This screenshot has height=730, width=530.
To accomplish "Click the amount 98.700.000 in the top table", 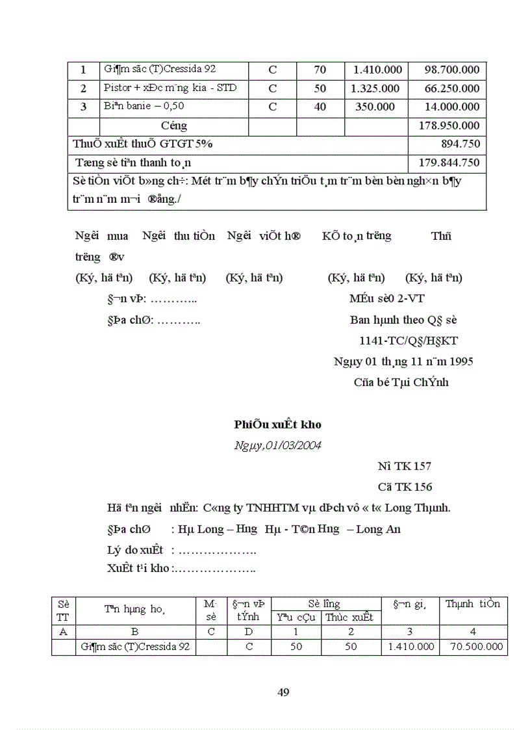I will click(452, 70).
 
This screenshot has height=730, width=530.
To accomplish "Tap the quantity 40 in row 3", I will click(320, 107).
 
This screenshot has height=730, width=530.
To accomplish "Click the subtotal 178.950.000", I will click(452, 125).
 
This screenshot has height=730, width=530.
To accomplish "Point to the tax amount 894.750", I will click(461, 144).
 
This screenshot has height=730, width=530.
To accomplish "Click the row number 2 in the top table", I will click(83, 88).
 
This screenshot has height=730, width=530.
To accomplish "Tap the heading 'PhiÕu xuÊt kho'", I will click(277, 424).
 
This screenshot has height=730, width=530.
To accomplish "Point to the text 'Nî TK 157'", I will click(404, 466).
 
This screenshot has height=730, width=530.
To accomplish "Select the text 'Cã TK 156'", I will click(405, 487).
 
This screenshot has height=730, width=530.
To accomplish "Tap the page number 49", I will click(283, 692).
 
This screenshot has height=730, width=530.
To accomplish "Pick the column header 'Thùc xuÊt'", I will click(349, 618).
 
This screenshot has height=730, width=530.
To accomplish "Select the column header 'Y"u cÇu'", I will click(296, 618).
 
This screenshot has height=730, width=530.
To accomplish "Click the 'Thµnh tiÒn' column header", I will click(473, 604).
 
